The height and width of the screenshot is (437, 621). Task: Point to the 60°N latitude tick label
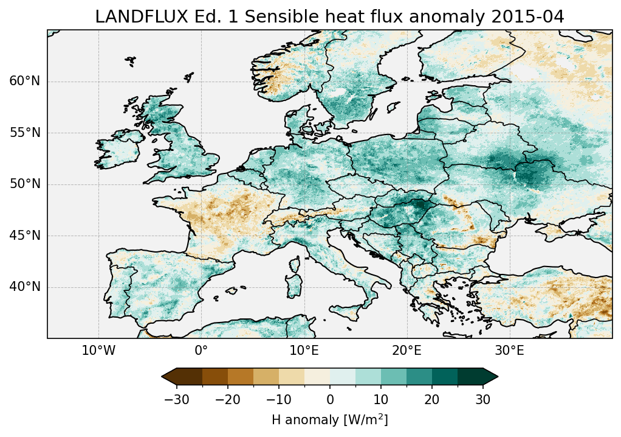click(24, 82)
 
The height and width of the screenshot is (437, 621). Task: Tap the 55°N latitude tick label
click(24, 133)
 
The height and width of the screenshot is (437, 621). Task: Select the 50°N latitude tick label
click(24, 184)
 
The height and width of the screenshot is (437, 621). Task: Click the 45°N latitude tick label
click(24, 236)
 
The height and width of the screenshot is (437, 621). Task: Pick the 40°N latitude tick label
click(24, 287)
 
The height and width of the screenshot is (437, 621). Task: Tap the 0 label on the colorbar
click(330, 399)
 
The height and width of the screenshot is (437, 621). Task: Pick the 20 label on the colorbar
click(432, 399)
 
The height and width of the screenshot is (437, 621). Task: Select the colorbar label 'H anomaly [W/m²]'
click(329, 420)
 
